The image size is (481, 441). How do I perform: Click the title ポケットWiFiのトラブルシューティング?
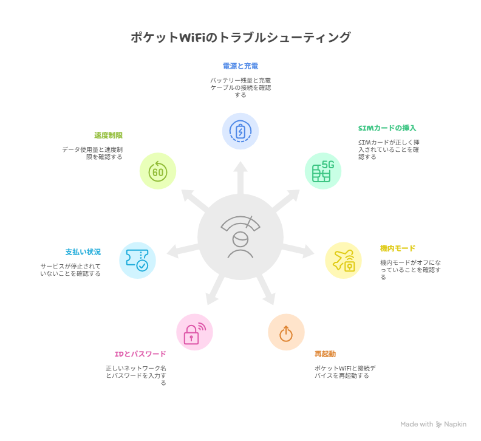click(241, 38)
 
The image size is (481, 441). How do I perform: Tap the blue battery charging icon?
click(241, 131)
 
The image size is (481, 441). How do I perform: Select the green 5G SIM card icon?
click(323, 171)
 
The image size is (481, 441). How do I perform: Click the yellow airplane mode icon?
click(343, 260)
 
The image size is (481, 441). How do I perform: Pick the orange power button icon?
click(286, 332)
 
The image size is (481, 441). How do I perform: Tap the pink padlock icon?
click(194, 332)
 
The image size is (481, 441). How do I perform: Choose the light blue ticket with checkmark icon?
click(137, 260)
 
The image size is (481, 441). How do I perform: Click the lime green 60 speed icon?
click(158, 171)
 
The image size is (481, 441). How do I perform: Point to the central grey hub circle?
click(241, 237)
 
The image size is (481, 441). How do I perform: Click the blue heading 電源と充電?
click(241, 66)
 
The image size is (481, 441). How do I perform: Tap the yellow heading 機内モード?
click(398, 248)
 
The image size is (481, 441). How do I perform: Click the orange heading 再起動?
click(325, 354)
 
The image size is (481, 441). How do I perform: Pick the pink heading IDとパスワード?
click(140, 354)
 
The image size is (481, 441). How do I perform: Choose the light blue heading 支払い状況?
click(83, 251)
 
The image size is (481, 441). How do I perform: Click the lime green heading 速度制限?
click(108, 135)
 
